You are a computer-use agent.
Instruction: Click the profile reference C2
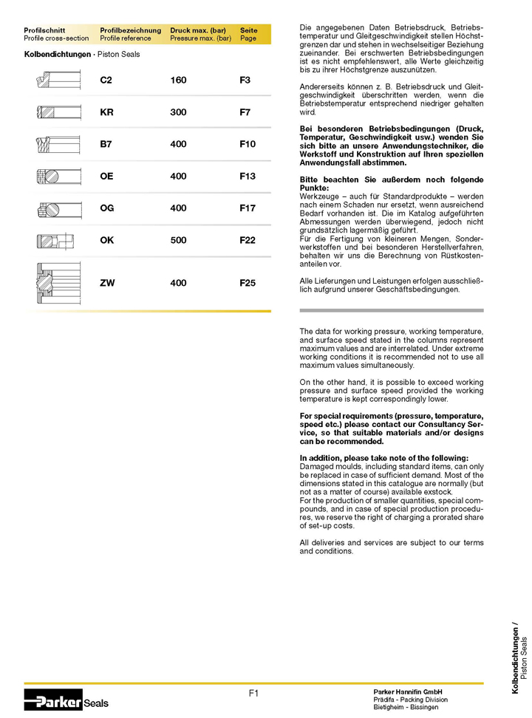pyautogui.click(x=106, y=81)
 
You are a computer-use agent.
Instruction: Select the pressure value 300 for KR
pyautogui.click(x=178, y=112)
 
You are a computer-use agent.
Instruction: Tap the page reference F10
pyautogui.click(x=248, y=145)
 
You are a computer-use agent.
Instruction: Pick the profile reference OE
pyautogui.click(x=106, y=177)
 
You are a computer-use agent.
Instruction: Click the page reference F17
pyautogui.click(x=248, y=209)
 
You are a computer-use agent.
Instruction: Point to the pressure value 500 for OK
pyautogui.click(x=178, y=241)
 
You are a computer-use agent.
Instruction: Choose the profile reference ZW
pyautogui.click(x=107, y=283)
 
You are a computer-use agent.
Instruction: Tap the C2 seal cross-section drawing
pyautogui.click(x=57, y=81)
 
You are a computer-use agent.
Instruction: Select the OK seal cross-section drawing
pyautogui.click(x=57, y=241)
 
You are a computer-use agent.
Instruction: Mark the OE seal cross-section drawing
pyautogui.click(x=57, y=177)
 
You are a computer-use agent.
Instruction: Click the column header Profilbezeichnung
pyautogui.click(x=130, y=30)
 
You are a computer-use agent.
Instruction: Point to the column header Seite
pyautogui.click(x=249, y=30)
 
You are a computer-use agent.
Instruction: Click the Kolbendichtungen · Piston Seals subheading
pyautogui.click(x=81, y=55)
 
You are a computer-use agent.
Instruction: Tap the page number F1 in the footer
pyautogui.click(x=253, y=693)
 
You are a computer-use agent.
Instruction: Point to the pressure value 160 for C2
pyautogui.click(x=178, y=81)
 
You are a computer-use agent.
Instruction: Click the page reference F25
pyautogui.click(x=248, y=283)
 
